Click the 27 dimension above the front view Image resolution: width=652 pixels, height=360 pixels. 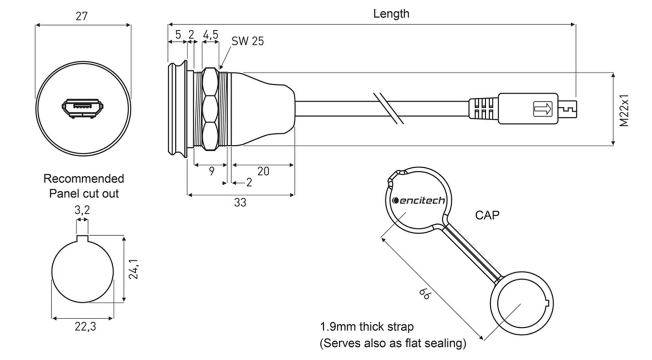81,16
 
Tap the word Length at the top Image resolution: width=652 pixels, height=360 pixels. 391,14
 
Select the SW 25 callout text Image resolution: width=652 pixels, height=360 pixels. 247,41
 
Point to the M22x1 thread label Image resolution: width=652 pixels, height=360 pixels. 624,110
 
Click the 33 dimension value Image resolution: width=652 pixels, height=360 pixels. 240,202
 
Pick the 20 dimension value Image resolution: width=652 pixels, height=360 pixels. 263,171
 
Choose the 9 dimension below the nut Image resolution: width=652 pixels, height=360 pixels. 212,171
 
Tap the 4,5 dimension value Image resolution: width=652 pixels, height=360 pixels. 211,34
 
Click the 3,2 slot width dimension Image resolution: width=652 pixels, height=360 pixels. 82,210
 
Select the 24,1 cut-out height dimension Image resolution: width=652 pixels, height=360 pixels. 133,269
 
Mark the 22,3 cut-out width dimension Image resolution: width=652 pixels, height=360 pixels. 85,327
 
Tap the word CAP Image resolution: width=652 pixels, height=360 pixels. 487,215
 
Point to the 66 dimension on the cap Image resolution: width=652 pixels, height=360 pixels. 424,294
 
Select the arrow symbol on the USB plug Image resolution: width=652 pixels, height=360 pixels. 543,109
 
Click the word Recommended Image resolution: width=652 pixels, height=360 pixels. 84,179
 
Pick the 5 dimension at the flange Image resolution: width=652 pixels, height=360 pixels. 178,34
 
